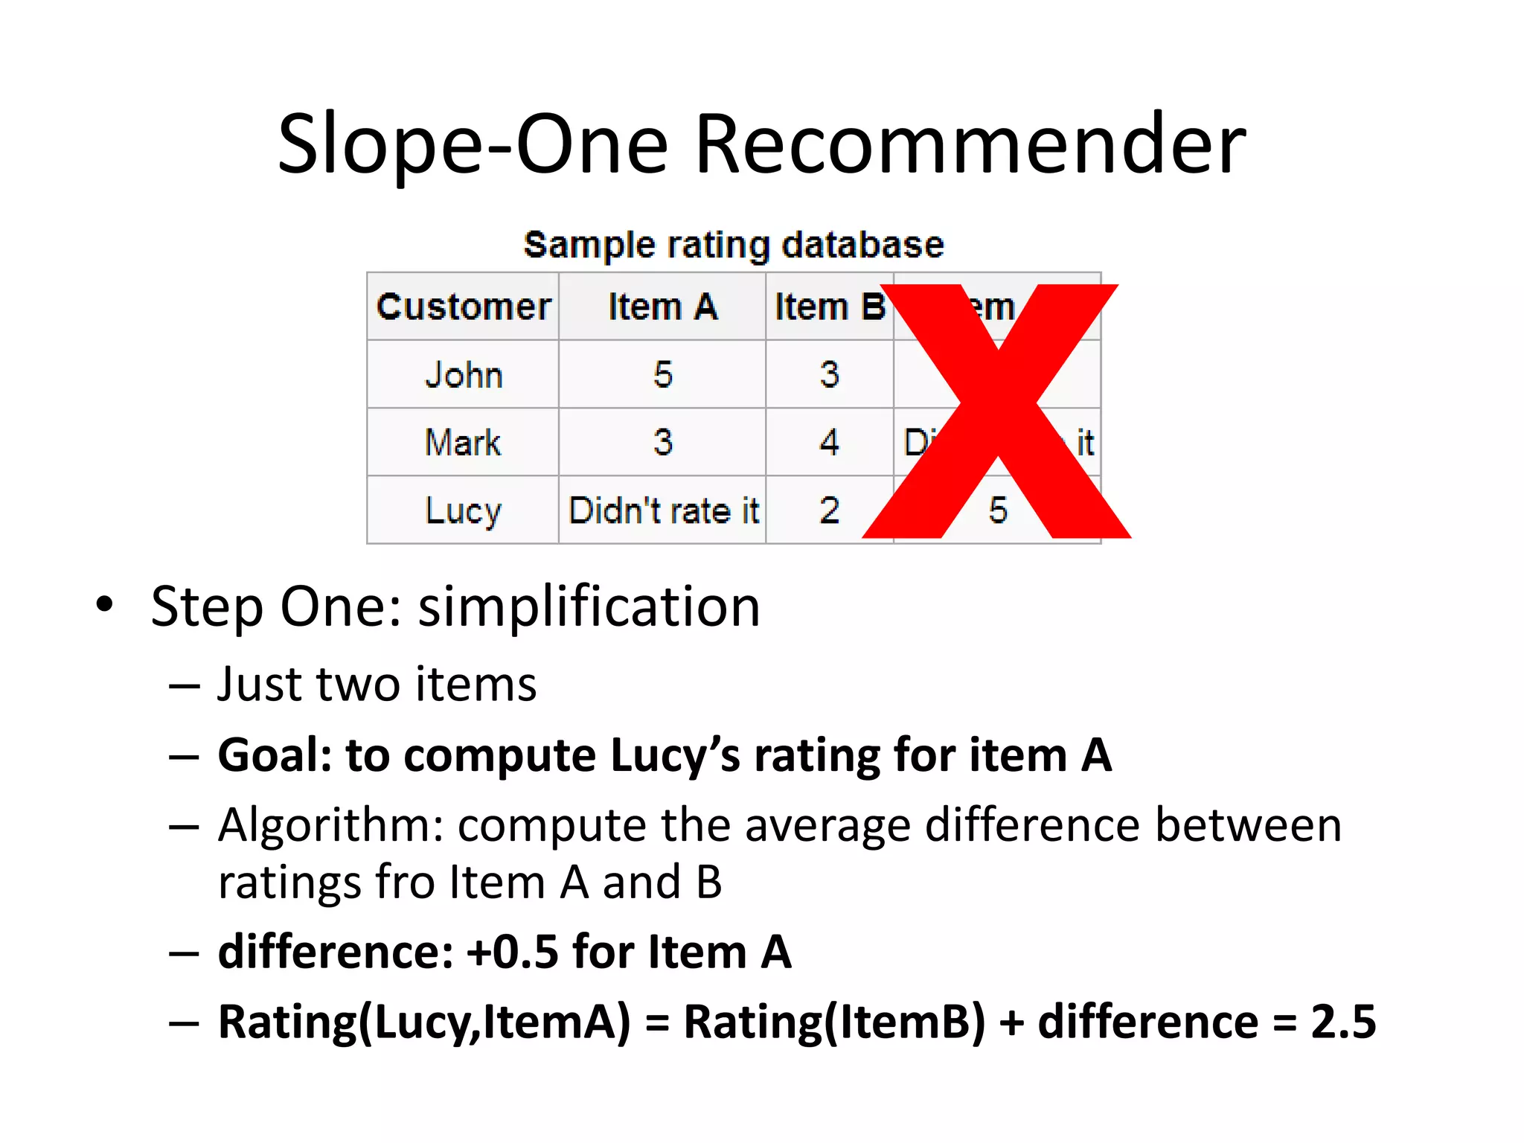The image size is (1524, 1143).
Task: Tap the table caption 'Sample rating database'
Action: [734, 245]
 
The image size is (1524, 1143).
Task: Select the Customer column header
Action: [463, 307]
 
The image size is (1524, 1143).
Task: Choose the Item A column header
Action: [662, 307]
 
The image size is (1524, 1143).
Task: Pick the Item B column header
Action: [829, 307]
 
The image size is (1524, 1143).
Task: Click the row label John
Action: [463, 374]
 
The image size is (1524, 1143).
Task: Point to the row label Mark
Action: [463, 443]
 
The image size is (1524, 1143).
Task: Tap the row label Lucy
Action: [463, 511]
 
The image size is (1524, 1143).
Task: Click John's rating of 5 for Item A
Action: [662, 374]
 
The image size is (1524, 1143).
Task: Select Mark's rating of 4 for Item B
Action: [829, 443]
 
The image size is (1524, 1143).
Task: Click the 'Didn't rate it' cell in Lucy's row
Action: [662, 511]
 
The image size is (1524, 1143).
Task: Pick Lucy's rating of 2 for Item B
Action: [829, 511]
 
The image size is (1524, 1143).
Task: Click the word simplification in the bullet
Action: [589, 607]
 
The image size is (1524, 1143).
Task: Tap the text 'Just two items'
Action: [377, 685]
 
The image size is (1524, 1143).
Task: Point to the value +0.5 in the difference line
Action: [511, 952]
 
